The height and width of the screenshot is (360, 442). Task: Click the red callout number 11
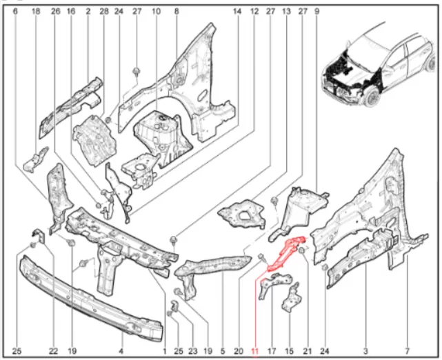click(x=254, y=351)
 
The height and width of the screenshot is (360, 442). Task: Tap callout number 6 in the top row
click(x=15, y=11)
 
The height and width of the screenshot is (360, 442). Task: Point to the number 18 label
click(x=36, y=11)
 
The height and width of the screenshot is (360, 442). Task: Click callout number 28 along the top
click(x=103, y=11)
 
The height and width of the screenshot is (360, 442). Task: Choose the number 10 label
click(x=156, y=11)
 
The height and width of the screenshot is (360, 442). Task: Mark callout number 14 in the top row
click(x=237, y=11)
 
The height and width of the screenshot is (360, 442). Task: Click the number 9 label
click(x=317, y=11)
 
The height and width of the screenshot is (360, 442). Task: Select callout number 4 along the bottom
click(x=121, y=351)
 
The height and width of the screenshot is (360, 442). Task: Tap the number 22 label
click(x=53, y=351)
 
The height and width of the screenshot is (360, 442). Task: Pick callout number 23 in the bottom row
click(x=193, y=351)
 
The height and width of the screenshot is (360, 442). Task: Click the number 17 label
click(x=272, y=351)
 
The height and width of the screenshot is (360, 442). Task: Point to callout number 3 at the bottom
click(x=365, y=351)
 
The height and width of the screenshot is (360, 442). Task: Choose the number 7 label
click(x=407, y=351)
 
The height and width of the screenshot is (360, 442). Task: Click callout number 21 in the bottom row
click(x=308, y=351)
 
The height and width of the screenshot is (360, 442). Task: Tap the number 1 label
click(x=164, y=351)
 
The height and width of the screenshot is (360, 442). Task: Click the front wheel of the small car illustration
click(x=374, y=97)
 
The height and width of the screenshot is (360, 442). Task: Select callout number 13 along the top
click(x=286, y=11)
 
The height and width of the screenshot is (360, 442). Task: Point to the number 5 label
click(x=223, y=351)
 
